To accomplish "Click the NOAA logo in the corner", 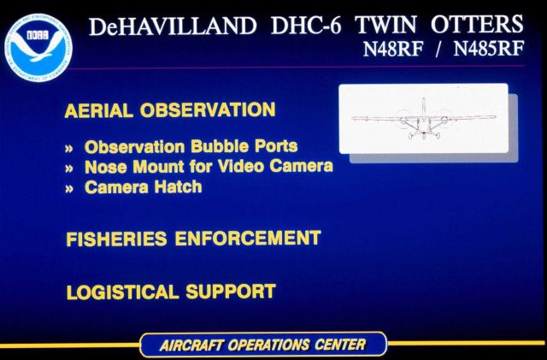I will tap(38, 41).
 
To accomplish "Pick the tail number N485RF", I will tap(488, 49).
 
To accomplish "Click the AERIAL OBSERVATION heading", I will tap(169, 110).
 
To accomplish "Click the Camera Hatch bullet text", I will tap(144, 186).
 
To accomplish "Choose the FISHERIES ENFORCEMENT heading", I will tap(193, 239).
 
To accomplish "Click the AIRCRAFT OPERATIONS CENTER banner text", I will tap(262, 345).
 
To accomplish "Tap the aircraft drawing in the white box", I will tap(422, 120).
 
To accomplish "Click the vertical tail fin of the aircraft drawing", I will tap(422, 107).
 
